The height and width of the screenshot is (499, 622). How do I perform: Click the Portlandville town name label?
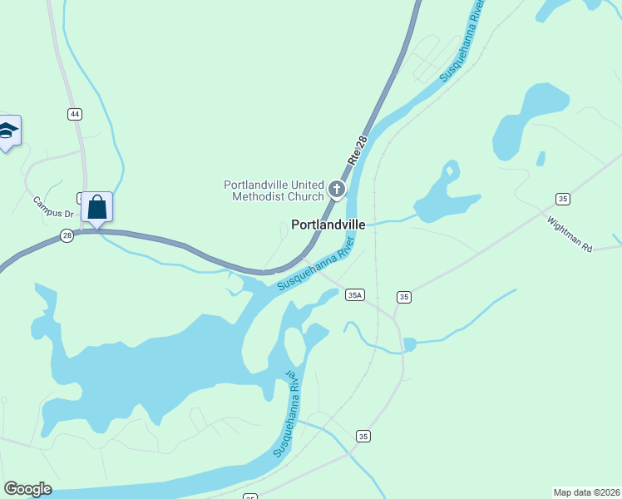click(328, 225)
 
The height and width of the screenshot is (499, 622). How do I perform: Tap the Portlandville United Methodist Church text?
click(274, 190)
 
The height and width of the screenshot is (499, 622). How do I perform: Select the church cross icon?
click(337, 190)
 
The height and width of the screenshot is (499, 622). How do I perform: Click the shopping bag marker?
click(96, 208)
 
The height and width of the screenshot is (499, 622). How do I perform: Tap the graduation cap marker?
click(7, 131)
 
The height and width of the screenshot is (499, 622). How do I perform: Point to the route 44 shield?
click(75, 114)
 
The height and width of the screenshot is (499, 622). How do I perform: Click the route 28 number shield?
click(66, 237)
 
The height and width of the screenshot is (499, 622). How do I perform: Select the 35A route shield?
click(355, 294)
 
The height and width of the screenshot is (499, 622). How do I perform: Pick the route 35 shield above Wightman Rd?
click(563, 198)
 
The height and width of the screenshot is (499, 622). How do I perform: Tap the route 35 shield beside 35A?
click(404, 297)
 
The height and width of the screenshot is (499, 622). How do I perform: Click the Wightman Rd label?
click(569, 235)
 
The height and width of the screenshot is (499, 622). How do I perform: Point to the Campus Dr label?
click(53, 207)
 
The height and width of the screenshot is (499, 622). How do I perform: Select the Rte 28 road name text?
click(358, 150)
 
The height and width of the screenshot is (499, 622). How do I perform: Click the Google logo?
click(27, 489)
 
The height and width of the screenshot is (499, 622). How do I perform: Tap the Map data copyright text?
click(586, 492)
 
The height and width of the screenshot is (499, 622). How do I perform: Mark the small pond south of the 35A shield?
click(409, 343)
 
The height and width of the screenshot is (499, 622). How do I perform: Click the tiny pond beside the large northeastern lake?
click(541, 158)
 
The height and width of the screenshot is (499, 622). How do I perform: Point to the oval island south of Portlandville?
click(294, 346)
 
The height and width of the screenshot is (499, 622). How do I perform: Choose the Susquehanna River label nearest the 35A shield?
click(316, 263)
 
